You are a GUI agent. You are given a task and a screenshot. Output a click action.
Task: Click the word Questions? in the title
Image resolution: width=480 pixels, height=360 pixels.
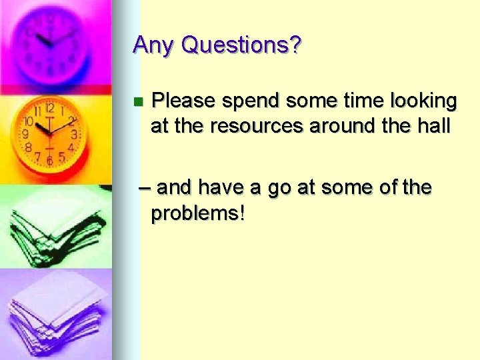click(241, 45)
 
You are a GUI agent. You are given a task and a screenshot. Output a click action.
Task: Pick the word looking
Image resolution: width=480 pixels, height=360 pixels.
click(424, 101)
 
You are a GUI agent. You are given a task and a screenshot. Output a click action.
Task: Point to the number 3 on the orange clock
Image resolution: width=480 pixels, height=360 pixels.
click(75, 134)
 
